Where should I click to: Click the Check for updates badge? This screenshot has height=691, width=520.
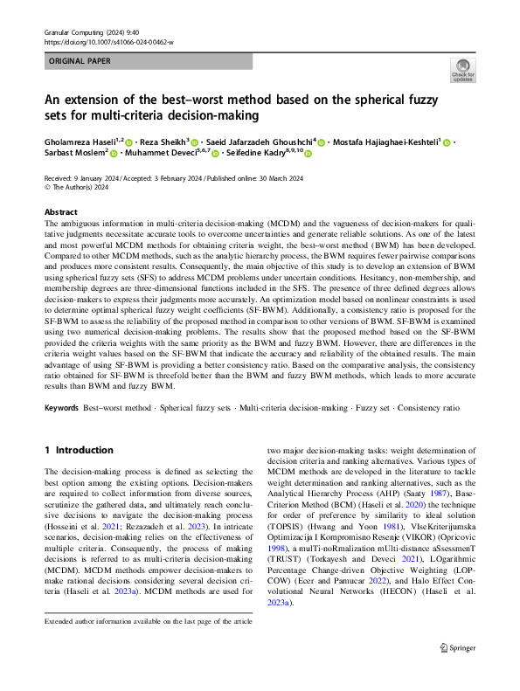point(461,71)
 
